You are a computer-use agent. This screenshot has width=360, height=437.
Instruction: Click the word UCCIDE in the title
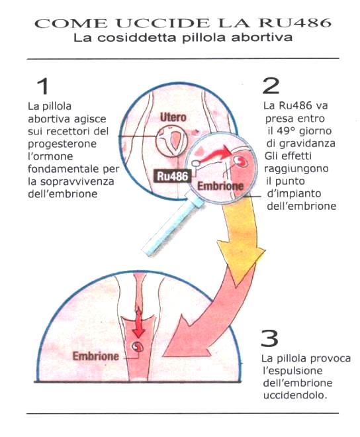162,23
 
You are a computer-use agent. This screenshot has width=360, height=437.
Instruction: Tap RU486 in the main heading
294,23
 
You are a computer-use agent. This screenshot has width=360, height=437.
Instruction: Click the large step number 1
43,86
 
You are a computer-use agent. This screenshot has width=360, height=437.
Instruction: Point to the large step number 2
271,85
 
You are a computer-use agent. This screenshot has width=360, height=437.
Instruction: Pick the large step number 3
269,338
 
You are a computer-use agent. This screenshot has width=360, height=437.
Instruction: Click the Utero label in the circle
173,117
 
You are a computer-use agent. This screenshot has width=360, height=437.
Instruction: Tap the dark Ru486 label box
173,176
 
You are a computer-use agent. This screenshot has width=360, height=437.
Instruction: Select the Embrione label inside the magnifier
220,186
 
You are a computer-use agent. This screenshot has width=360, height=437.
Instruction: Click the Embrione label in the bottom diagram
95,356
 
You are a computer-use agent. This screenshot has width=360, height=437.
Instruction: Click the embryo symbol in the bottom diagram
138,347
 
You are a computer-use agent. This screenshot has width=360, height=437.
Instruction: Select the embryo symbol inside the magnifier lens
240,160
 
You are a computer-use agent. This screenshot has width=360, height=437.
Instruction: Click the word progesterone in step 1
62,144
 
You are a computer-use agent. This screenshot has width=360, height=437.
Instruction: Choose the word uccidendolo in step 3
294,395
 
